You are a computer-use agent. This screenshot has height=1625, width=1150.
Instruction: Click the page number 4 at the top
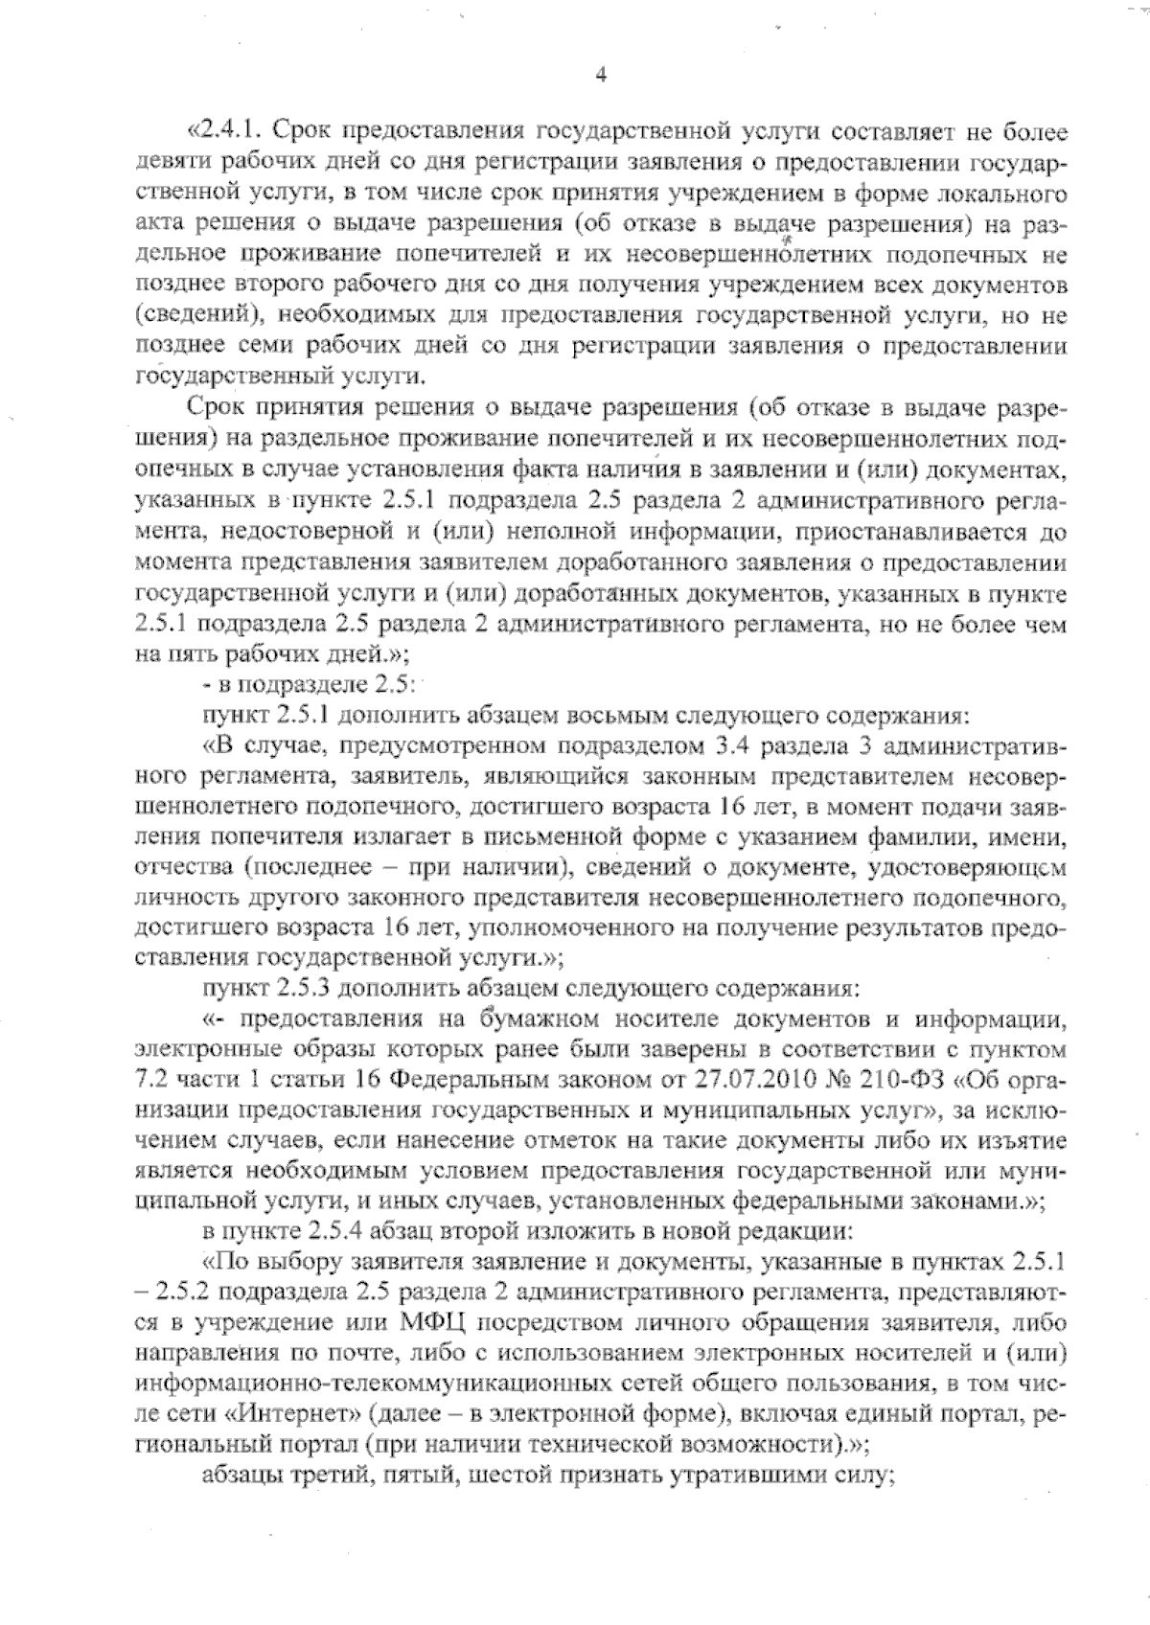coord(600,76)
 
